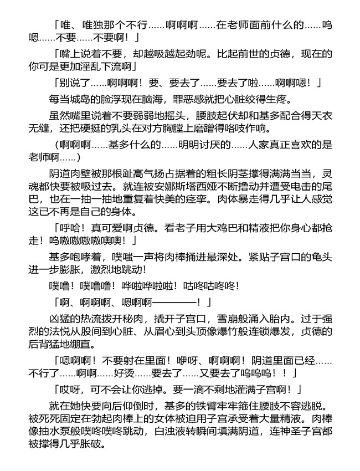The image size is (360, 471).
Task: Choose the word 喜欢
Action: click(307, 144)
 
